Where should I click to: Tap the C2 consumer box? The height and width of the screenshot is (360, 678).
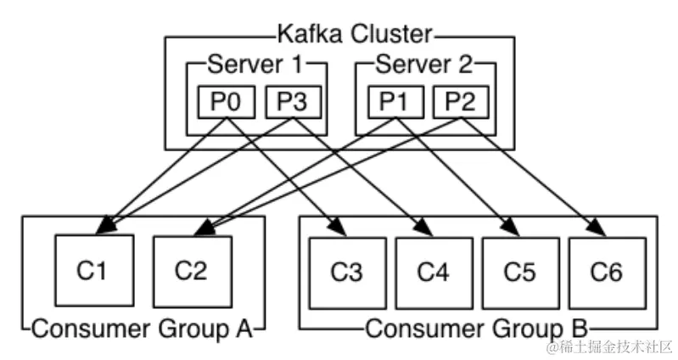(x=190, y=271)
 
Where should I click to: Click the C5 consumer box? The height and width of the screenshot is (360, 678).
(x=520, y=273)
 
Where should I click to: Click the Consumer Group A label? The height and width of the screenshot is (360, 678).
(x=142, y=328)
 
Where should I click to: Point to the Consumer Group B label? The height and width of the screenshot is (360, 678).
(x=477, y=328)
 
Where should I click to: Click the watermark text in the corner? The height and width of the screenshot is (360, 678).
(x=610, y=346)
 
